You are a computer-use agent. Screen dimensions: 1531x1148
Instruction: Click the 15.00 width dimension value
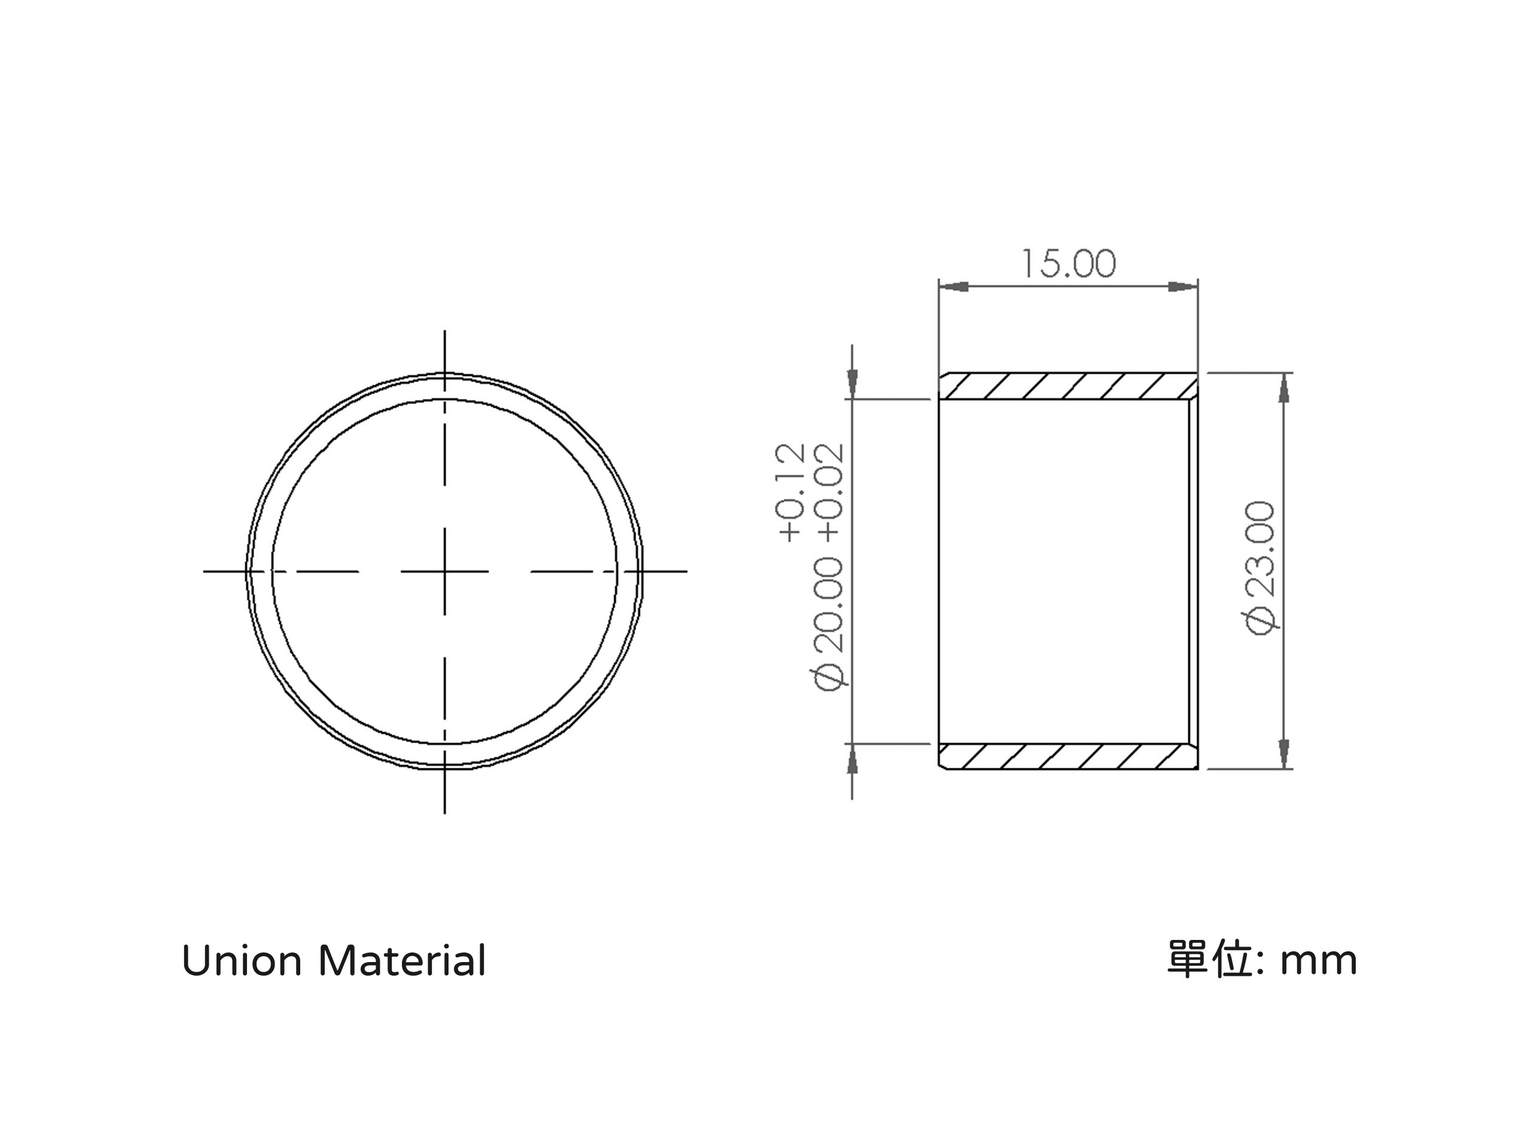point(1069,264)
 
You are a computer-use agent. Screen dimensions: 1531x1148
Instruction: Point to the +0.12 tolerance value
point(791,492)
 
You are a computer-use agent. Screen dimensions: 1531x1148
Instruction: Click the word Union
point(242,961)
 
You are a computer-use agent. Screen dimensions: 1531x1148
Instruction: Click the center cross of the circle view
point(444,572)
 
